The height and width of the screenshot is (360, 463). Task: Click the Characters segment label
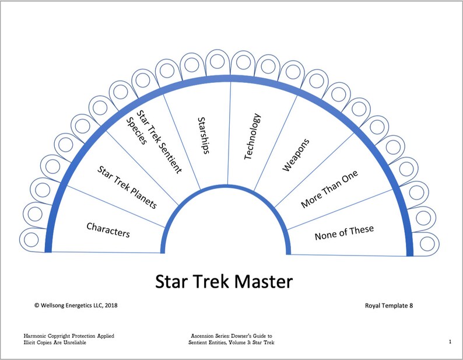pyautogui.click(x=108, y=229)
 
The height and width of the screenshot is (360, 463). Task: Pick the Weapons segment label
pyautogui.click(x=296, y=155)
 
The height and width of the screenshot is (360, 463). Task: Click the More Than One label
pyautogui.click(x=329, y=190)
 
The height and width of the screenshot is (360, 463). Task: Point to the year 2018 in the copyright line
pyautogui.click(x=114, y=305)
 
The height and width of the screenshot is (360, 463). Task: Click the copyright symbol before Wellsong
pyautogui.click(x=37, y=305)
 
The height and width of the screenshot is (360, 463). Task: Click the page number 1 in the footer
pyautogui.click(x=450, y=342)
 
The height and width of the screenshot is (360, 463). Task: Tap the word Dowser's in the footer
pyautogui.click(x=248, y=335)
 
